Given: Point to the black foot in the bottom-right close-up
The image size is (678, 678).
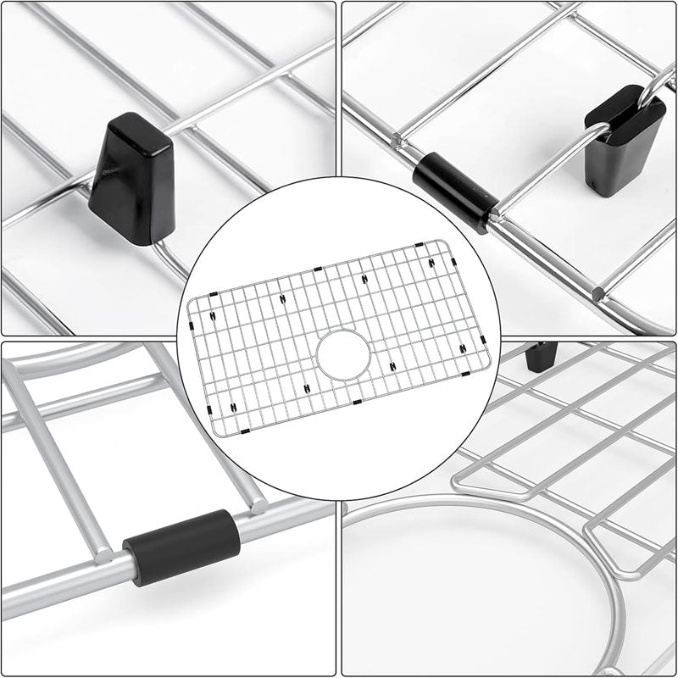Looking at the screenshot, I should (x=540, y=355).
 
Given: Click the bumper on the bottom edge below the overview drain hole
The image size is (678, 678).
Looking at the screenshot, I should (x=357, y=401).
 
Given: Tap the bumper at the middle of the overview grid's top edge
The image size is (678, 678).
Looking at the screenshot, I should (x=317, y=270).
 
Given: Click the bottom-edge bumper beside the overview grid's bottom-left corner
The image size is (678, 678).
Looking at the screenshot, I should (x=244, y=431).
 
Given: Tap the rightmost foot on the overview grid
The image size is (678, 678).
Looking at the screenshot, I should (x=462, y=349).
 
